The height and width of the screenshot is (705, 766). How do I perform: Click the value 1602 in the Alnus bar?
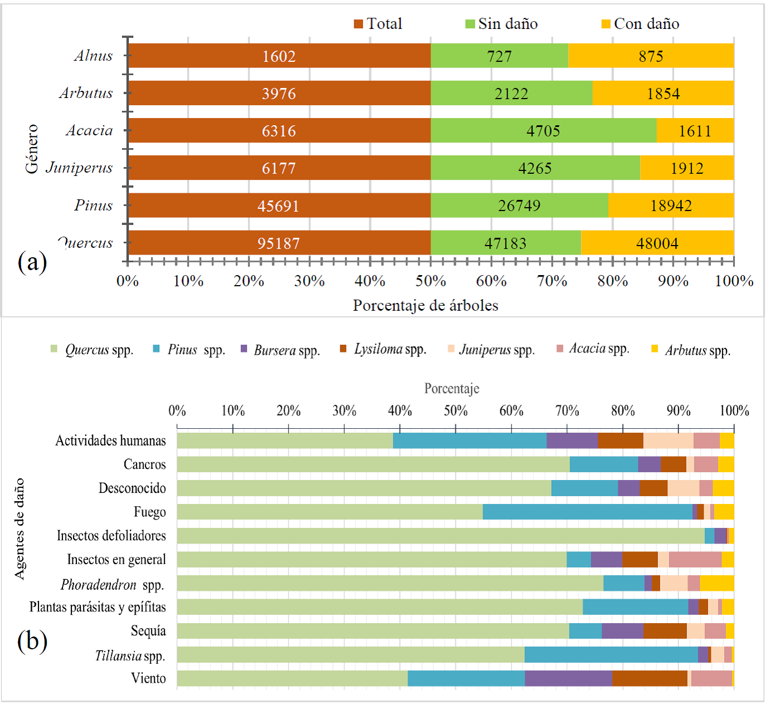point(279,56)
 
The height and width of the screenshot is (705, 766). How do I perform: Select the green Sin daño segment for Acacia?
point(543,131)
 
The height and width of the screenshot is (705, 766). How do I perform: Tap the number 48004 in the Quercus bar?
point(657,243)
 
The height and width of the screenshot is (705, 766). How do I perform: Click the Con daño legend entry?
point(641,24)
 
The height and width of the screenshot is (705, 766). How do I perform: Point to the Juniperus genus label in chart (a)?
point(79,168)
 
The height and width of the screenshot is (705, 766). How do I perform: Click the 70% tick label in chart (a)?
point(552,281)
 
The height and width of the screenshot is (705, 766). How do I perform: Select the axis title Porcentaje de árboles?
point(426,305)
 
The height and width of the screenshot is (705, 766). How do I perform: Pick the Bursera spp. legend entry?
point(281,350)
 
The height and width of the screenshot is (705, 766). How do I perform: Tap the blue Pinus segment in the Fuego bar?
point(587,512)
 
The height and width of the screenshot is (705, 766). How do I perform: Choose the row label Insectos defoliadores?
point(111,536)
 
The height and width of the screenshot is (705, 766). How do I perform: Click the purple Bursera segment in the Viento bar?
point(568,678)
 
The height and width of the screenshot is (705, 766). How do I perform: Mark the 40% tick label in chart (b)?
point(399,411)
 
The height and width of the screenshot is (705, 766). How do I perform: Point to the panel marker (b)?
point(32,641)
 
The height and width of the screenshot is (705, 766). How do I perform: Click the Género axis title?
point(32,149)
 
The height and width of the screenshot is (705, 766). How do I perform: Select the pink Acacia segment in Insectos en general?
point(695,560)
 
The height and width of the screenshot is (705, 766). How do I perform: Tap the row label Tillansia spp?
point(130,655)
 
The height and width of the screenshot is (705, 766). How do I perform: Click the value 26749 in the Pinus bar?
point(519,205)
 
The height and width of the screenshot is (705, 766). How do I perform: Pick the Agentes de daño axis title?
point(19,528)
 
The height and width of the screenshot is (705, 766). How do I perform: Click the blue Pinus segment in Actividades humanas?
point(470,440)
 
